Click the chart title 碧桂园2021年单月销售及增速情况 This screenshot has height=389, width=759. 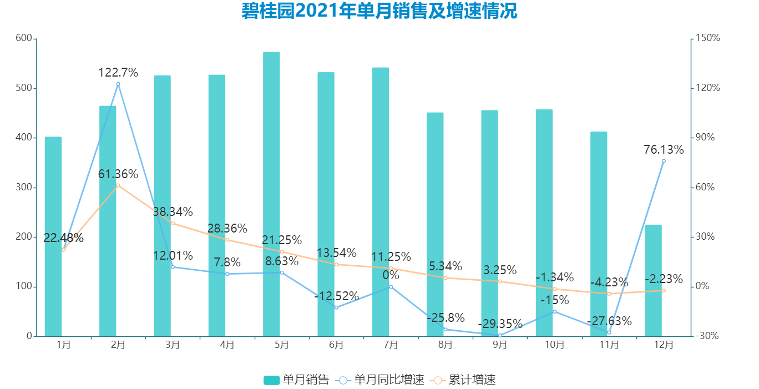pos(379,11)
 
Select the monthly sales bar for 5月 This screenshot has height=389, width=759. pos(271,194)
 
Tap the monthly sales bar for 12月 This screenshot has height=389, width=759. pos(653,280)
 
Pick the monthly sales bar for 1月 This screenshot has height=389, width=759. pos(53,236)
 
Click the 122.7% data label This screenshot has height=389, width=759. pos(118,73)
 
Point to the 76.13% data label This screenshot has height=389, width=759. pos(664,150)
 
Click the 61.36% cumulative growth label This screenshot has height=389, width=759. pos(118,174)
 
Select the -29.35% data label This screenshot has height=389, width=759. pos(500,324)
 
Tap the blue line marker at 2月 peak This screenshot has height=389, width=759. pos(118,84)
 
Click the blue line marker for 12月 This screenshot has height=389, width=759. pos(664,161)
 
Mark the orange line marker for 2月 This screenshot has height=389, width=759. pos(118,185)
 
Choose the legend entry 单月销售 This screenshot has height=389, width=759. pos(296,380)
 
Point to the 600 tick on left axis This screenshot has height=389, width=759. pos(24,38)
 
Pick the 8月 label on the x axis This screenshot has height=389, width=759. pos(446,345)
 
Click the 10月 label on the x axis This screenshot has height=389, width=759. pos(554,345)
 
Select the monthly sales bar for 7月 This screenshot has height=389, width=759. pos(381,202)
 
